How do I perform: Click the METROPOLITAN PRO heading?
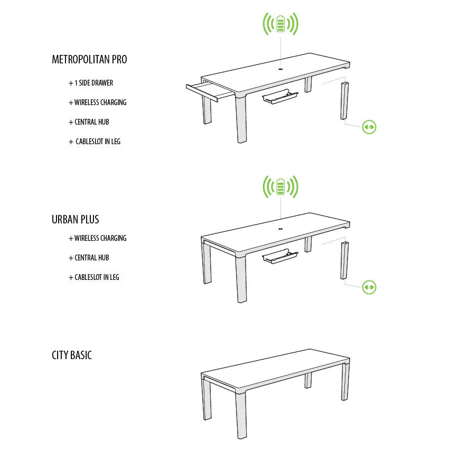tap(89, 59)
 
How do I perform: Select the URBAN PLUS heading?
tap(76, 219)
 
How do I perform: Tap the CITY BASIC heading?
tap(72, 355)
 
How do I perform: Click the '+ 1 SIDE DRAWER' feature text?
tap(91, 83)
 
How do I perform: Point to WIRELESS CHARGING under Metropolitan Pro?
tap(98, 102)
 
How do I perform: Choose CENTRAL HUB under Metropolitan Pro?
tap(89, 122)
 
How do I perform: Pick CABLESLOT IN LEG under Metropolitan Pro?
tap(95, 142)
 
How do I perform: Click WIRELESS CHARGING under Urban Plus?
tap(98, 238)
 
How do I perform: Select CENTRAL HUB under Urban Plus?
tap(89, 258)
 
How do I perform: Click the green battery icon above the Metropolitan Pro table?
tap(281, 24)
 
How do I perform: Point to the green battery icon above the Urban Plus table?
tap(281, 186)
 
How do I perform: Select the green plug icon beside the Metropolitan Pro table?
tap(369, 127)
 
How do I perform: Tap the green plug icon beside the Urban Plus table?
tap(369, 287)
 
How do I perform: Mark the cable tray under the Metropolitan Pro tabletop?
tap(280, 97)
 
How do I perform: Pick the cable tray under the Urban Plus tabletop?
tap(280, 257)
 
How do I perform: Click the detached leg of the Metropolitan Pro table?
tap(344, 101)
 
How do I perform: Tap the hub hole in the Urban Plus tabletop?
tap(280, 229)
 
